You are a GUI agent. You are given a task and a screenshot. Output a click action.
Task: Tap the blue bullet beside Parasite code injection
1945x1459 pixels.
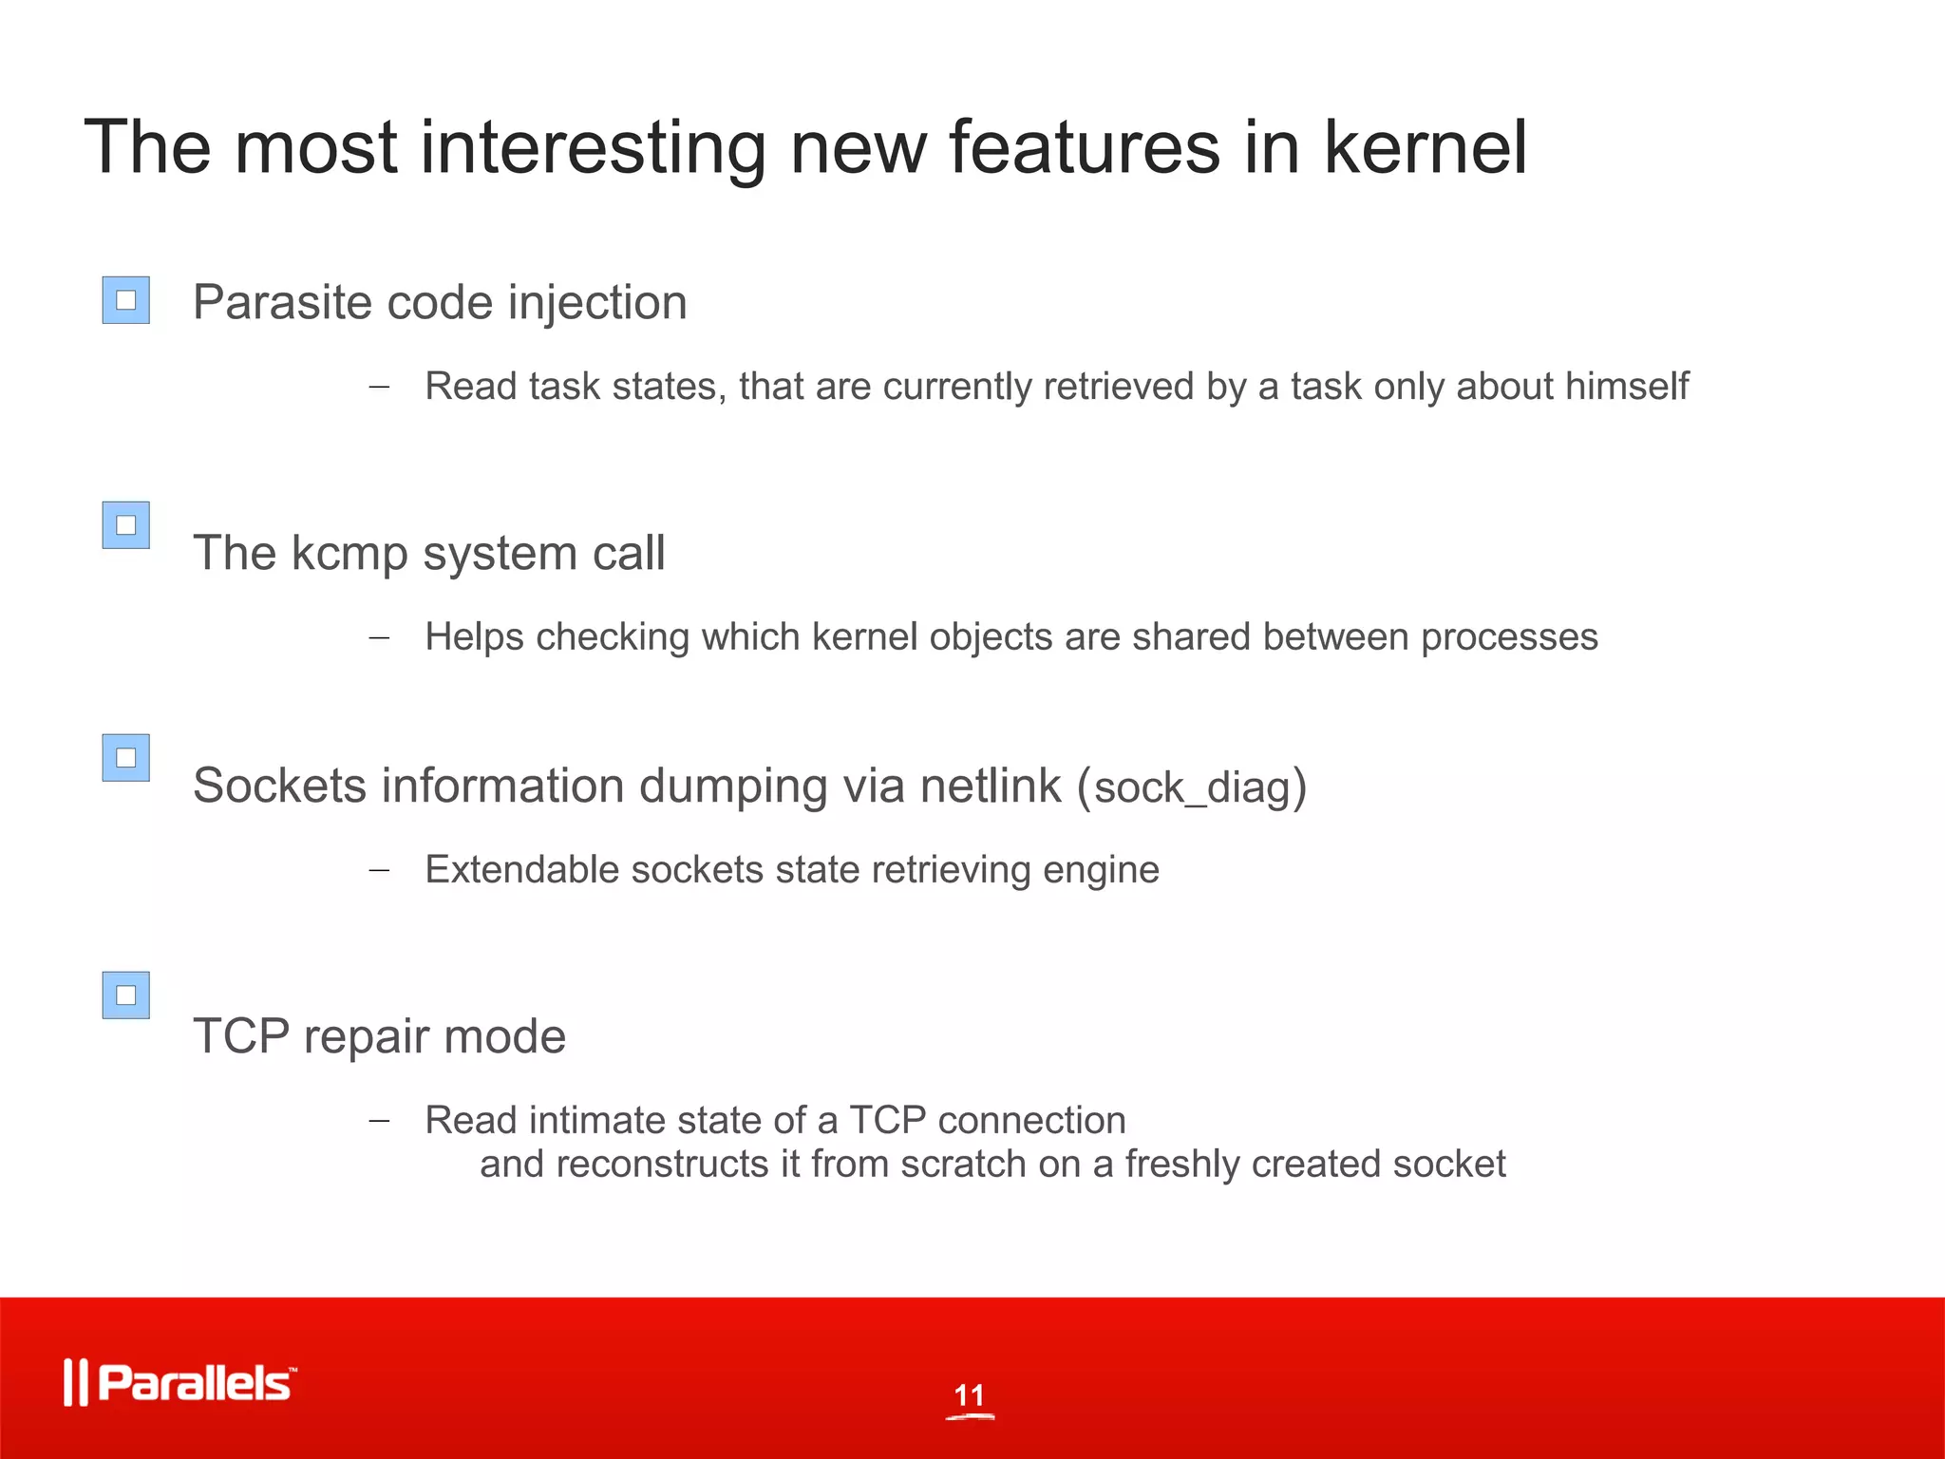click(x=126, y=300)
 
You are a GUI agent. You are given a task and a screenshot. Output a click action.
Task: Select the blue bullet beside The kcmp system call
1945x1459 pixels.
click(x=126, y=525)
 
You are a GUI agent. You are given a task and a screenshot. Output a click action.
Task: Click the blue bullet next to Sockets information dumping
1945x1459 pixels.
click(x=126, y=758)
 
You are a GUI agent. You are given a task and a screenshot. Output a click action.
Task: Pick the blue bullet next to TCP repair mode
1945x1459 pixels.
click(x=126, y=995)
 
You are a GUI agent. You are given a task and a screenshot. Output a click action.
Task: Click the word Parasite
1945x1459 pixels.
click(x=281, y=303)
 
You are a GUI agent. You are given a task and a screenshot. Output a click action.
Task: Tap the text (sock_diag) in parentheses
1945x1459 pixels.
click(x=1192, y=787)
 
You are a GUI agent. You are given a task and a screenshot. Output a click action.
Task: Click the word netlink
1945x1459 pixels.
click(x=990, y=786)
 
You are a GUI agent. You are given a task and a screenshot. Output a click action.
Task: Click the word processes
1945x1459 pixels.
click(x=1509, y=637)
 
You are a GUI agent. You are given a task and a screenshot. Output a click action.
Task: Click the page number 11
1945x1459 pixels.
click(x=970, y=1395)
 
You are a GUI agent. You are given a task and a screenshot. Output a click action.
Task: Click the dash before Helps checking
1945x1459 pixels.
click(x=379, y=637)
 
